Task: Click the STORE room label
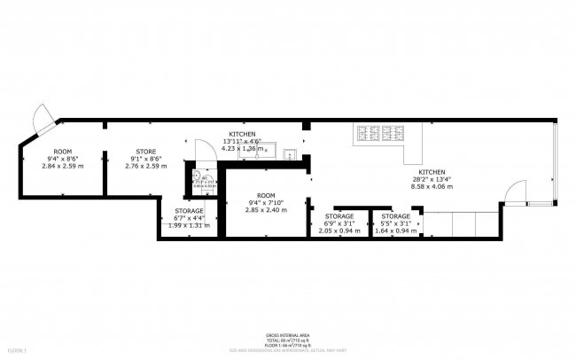(145, 152)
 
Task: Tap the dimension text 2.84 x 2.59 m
(63, 166)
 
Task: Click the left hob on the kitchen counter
(367, 134)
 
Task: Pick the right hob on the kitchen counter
(392, 134)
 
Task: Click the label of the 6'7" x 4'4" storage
(188, 211)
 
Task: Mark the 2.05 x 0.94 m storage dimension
(339, 231)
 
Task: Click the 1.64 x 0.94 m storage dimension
(395, 231)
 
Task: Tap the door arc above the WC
(205, 150)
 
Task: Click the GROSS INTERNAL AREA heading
(287, 335)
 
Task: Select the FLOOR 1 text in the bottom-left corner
(16, 352)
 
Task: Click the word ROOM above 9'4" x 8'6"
(63, 152)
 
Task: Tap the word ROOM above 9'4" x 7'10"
(266, 195)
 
